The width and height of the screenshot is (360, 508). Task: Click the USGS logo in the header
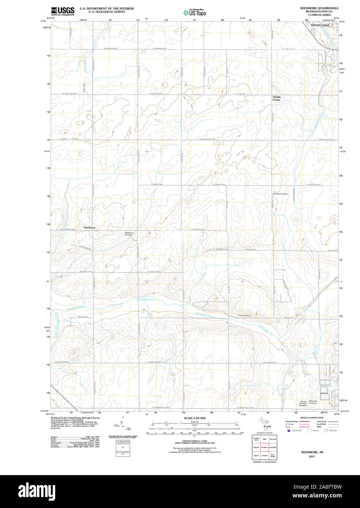click(x=62, y=11)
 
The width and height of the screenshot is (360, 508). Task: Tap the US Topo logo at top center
click(x=195, y=13)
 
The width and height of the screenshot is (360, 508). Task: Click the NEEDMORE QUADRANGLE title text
click(x=319, y=8)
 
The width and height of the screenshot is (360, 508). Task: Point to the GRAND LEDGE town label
click(x=320, y=25)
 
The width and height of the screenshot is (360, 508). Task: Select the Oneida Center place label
click(x=276, y=98)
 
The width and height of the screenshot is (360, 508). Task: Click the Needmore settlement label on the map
click(x=90, y=227)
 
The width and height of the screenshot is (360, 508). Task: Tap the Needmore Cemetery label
click(x=129, y=234)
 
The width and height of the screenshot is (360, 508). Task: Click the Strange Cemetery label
click(x=281, y=194)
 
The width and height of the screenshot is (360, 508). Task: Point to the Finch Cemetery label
click(x=245, y=315)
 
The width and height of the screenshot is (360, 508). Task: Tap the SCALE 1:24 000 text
click(x=194, y=418)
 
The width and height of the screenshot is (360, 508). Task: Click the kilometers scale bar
click(x=194, y=423)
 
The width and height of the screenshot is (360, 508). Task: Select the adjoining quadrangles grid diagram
click(x=265, y=447)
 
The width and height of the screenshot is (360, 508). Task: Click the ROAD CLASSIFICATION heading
click(x=312, y=418)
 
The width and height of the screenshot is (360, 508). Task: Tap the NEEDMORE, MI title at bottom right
click(x=312, y=452)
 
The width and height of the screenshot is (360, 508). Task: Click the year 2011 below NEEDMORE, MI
click(x=312, y=456)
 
